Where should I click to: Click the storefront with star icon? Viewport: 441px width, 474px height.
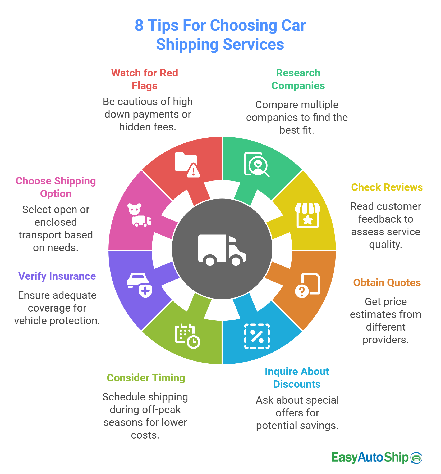(x=307, y=215)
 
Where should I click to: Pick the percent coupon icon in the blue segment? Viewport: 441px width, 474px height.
(x=257, y=336)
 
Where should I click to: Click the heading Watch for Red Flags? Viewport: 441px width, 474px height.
(x=145, y=79)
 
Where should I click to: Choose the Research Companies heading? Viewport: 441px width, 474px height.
(x=298, y=79)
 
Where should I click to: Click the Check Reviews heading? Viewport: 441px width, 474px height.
(x=387, y=187)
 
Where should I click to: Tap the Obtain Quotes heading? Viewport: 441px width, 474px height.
(x=387, y=282)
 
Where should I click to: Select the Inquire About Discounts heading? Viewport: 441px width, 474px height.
(x=297, y=378)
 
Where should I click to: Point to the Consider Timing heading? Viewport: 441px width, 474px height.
(x=146, y=378)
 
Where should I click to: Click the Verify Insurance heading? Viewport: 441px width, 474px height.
(x=57, y=276)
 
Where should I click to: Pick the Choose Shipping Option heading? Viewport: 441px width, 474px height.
(x=56, y=187)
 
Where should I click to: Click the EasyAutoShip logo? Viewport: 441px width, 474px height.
(x=376, y=458)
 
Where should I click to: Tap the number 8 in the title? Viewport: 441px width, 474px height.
(x=139, y=25)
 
